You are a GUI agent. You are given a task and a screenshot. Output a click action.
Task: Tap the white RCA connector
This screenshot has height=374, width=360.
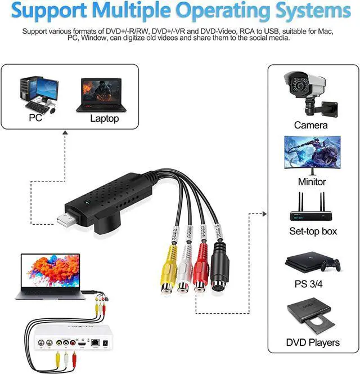pyautogui.click(x=183, y=278)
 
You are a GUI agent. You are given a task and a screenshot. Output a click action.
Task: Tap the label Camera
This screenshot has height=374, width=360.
pyautogui.click(x=310, y=125)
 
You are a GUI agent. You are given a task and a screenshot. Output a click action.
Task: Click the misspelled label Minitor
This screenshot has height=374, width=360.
pyautogui.click(x=311, y=181)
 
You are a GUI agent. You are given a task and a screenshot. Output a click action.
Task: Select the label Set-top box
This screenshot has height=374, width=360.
pyautogui.click(x=313, y=231)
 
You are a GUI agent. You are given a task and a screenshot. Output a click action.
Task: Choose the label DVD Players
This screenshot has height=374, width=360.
pyautogui.click(x=313, y=342)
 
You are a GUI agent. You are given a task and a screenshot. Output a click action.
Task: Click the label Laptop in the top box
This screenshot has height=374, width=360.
pyautogui.click(x=105, y=118)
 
